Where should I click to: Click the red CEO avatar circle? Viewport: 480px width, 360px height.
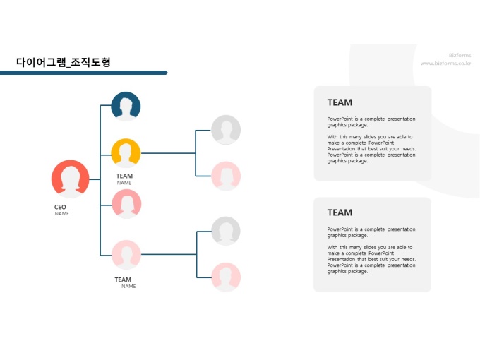pos(71,179)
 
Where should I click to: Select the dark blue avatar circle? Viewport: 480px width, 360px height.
pos(126,107)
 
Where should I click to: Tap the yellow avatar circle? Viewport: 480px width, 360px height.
pos(126,152)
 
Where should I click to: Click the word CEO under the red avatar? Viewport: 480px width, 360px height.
pos(60,207)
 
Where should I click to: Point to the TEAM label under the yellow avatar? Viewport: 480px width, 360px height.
pos(124,176)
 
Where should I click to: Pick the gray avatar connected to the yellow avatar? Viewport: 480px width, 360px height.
pos(226,130)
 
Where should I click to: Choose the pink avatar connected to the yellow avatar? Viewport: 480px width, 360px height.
pos(226,176)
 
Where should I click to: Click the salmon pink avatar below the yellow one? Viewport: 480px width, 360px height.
pos(126,204)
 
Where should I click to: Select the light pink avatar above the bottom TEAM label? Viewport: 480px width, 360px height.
pos(126,255)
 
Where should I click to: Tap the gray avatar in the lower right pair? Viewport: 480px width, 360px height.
pos(226,231)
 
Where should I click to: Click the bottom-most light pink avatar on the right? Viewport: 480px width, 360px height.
pos(226,277)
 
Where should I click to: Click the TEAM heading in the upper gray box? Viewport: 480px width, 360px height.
pos(340,102)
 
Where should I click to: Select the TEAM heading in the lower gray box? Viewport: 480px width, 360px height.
pos(340,212)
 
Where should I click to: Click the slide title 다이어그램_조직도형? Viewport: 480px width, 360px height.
pos(64,62)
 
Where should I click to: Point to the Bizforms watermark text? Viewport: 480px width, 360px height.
pos(460,55)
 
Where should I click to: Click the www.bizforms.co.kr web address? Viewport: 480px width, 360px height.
pos(445,63)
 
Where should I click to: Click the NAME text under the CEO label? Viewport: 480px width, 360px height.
pos(62,214)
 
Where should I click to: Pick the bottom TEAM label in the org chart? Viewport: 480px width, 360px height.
pos(123,280)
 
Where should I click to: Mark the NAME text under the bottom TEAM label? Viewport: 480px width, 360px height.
pos(128,287)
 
